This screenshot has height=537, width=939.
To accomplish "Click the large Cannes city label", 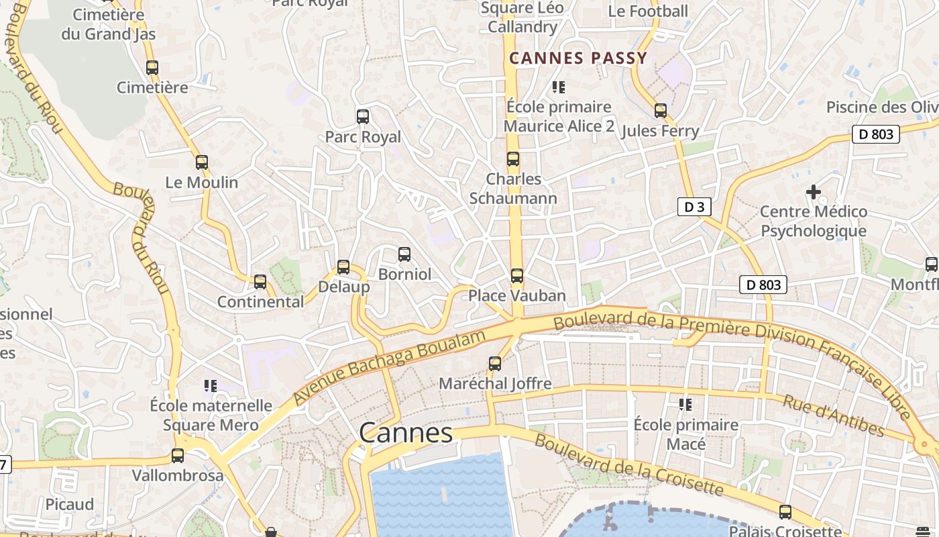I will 406,433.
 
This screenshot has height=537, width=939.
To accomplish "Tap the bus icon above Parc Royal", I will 363,117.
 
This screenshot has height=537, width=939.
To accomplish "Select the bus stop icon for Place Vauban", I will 516,276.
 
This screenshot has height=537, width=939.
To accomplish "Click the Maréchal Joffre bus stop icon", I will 495,364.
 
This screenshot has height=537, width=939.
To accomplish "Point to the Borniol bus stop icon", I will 404,254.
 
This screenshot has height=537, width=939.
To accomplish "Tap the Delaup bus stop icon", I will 343,267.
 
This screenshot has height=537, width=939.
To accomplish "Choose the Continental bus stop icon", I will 260,282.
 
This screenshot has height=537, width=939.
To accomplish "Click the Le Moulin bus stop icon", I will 202,162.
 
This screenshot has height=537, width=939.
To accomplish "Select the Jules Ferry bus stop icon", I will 661,111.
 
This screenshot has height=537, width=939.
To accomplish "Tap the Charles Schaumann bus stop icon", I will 513,159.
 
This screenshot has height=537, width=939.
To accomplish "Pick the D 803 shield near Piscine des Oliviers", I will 876,134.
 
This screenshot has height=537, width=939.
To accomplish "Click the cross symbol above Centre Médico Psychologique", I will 814,193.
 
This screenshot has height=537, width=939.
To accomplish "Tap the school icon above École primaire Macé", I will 685,405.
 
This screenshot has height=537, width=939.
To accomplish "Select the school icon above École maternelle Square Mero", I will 211,386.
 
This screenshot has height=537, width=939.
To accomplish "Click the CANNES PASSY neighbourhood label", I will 578,58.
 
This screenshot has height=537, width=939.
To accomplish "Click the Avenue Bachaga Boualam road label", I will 389,367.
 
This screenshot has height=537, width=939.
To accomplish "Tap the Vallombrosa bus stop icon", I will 178,456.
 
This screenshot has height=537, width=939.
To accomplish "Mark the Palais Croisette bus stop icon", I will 785,512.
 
